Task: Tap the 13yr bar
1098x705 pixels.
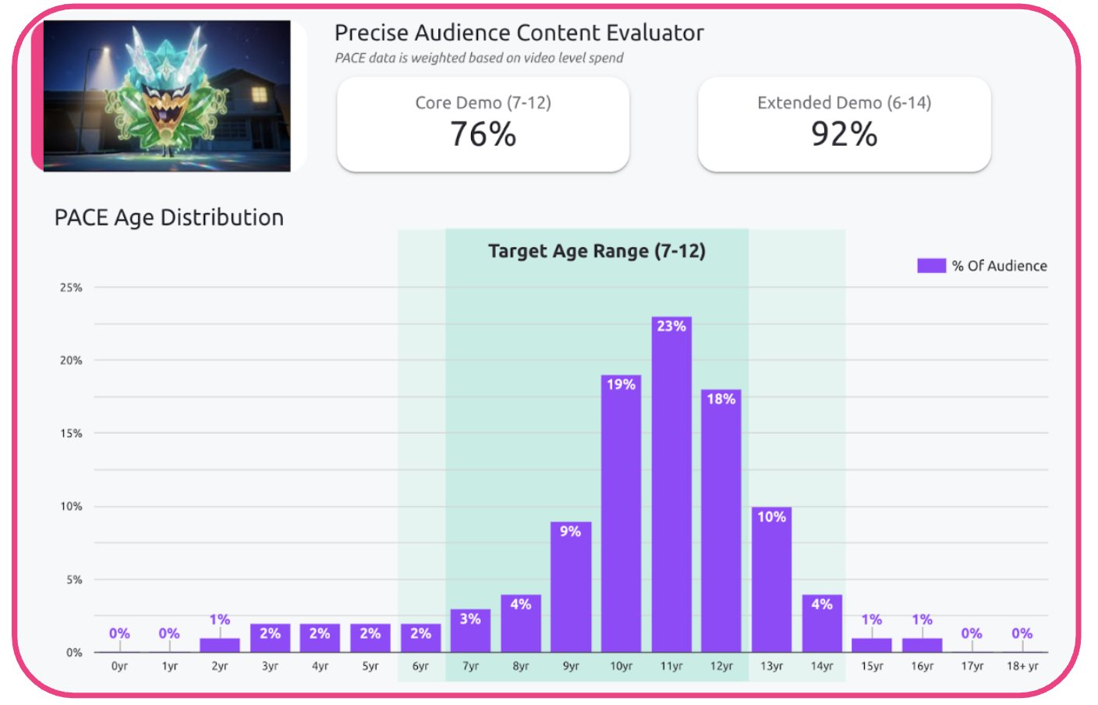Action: point(771,585)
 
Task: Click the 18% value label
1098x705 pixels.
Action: point(721,399)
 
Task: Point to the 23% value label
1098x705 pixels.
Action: point(671,326)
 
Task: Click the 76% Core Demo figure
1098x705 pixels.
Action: point(483,134)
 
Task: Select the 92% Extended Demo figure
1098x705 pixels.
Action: point(844,134)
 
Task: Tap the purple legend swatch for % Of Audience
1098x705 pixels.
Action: point(931,266)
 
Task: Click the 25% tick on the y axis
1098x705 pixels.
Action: point(71,288)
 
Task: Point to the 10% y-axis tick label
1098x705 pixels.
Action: point(71,507)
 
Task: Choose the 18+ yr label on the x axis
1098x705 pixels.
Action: point(1022,666)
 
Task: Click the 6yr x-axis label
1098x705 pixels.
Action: point(420,666)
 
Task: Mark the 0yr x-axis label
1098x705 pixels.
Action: point(119,666)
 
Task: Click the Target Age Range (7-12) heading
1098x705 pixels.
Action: point(597,251)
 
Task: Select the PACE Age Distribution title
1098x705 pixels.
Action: point(168,218)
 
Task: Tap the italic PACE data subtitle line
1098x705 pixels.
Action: point(479,58)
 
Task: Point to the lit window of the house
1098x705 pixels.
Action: point(258,95)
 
